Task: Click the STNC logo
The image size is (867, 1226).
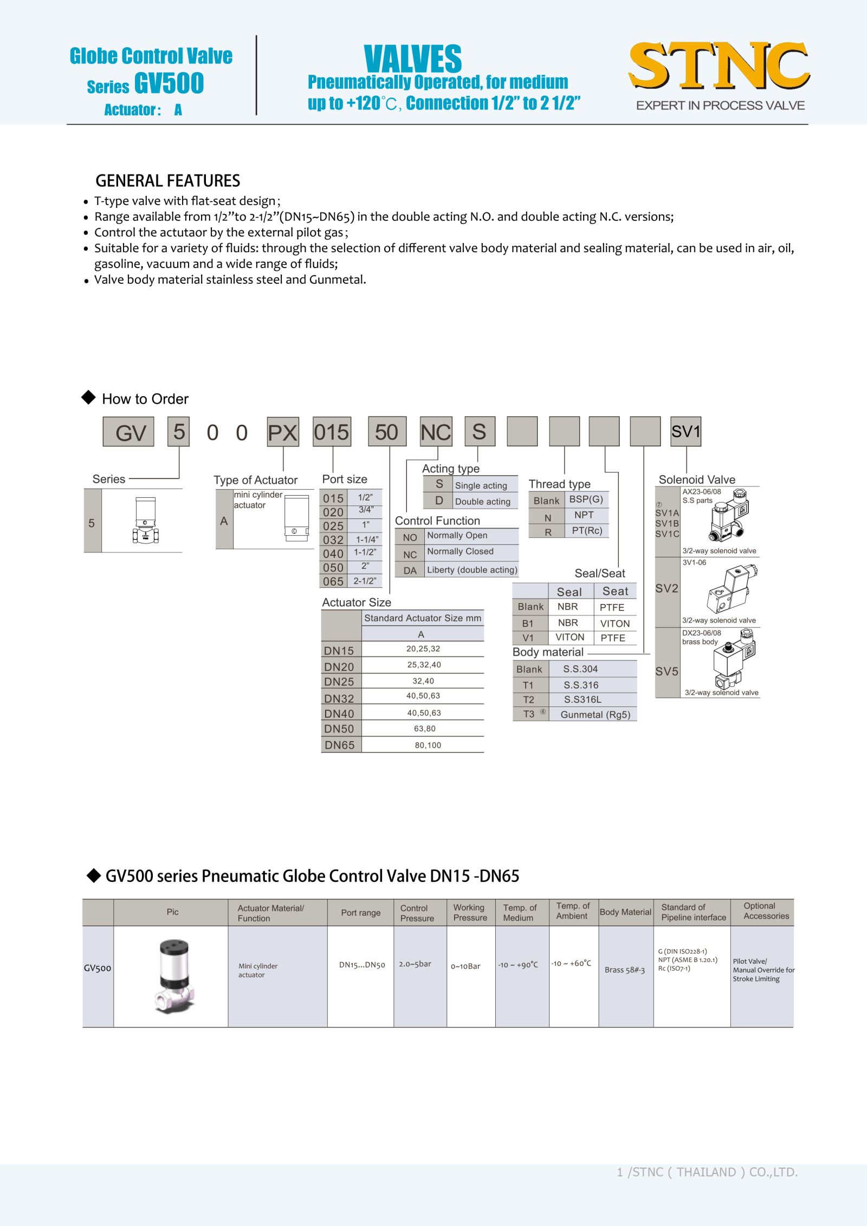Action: pos(719,66)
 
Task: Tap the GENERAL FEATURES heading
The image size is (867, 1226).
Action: pos(167,180)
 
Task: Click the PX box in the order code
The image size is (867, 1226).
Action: pos(282,432)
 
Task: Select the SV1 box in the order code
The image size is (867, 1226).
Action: pos(685,432)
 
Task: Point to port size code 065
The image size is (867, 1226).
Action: pos(333,581)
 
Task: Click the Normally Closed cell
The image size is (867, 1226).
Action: pos(460,552)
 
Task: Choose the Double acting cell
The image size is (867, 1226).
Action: pos(482,502)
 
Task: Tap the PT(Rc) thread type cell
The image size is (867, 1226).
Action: pos(587,531)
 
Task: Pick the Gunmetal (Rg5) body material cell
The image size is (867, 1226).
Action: pos(595,715)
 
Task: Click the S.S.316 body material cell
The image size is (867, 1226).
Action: pos(581,685)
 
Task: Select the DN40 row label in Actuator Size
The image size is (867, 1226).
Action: pos(339,713)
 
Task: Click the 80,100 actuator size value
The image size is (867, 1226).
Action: pos(428,745)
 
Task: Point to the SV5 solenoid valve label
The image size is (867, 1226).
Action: pos(667,671)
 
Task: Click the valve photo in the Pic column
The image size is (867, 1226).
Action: pos(174,976)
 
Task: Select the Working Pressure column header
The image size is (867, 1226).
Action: pos(470,912)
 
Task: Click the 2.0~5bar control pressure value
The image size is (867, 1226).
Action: pos(415,964)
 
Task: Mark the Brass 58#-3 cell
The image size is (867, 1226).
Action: pos(625,970)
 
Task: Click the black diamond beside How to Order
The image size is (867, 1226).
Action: pos(88,398)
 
